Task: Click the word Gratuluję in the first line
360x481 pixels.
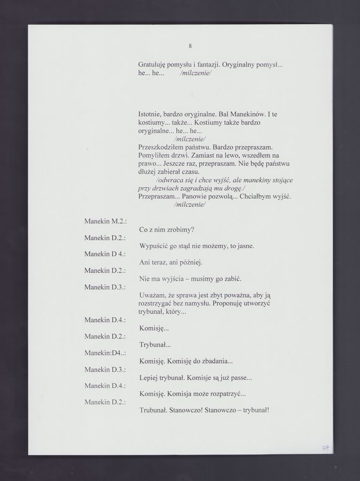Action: (x=153, y=64)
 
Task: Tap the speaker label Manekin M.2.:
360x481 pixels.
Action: (x=105, y=221)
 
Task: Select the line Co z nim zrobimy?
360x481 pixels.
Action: (x=167, y=230)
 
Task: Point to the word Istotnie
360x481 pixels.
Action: (x=151, y=114)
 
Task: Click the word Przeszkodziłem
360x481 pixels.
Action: (x=161, y=146)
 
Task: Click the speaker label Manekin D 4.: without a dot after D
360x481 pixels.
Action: (x=105, y=254)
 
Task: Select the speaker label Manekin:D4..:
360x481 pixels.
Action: (x=105, y=353)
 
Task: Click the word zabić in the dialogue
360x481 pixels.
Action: (x=233, y=279)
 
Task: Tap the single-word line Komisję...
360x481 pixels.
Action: (x=154, y=328)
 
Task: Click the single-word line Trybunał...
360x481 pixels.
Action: (x=155, y=345)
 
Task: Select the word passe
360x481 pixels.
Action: (x=241, y=378)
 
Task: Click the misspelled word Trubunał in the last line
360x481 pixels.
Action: (x=153, y=410)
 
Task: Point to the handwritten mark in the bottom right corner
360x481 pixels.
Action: (x=324, y=447)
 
